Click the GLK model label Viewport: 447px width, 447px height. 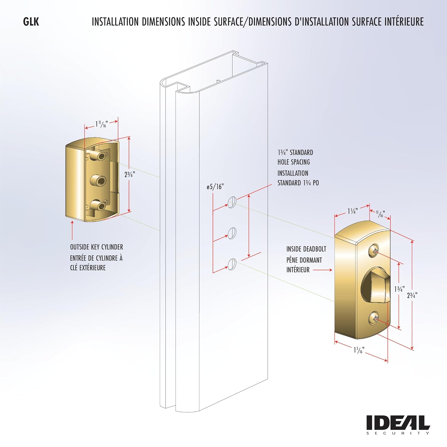point(31,22)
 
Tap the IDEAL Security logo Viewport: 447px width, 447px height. point(398,425)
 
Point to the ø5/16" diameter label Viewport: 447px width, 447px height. point(215,187)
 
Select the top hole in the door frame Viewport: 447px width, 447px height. point(232,202)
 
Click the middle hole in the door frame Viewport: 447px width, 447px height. point(232,233)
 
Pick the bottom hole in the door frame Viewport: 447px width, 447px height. point(232,264)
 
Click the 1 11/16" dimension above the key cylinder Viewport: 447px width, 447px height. point(101,124)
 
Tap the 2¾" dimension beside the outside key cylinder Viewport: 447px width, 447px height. point(130,174)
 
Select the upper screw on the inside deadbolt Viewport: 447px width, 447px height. point(374,250)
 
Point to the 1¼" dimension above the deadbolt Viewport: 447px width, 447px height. point(353,211)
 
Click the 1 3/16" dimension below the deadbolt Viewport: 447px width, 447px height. point(359,350)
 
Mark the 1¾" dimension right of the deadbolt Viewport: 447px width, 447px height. point(399,289)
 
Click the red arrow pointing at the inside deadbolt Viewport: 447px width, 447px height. point(323,270)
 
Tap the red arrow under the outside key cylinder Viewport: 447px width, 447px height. point(72,230)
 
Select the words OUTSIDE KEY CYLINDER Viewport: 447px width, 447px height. point(97,247)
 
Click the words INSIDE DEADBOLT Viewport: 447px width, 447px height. point(306,249)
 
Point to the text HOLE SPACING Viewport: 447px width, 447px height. point(294,162)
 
